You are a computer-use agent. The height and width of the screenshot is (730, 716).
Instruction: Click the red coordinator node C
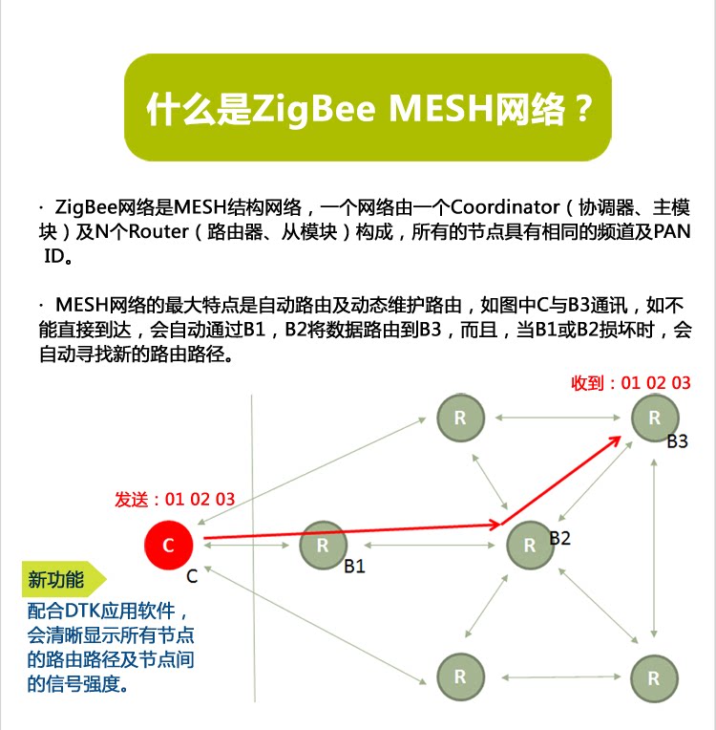pos(169,546)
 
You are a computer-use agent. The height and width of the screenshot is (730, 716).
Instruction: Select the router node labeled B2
pos(530,546)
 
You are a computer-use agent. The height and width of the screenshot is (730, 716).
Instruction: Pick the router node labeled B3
pos(654,418)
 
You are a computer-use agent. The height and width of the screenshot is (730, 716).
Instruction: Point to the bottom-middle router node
pos(460,676)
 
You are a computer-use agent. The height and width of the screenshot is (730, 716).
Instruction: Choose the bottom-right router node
pos(654,677)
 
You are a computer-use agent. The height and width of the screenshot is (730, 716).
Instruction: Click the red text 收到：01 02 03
pos(630,383)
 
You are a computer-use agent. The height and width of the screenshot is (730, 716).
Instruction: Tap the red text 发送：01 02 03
pos(175,499)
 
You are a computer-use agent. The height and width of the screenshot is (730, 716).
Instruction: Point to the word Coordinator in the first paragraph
pos(505,207)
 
